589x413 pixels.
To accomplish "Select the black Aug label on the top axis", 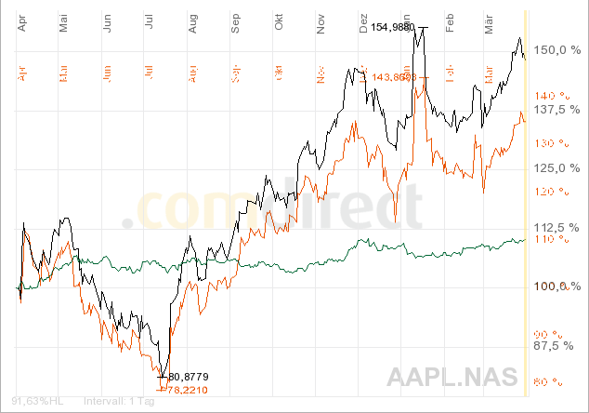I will (193, 23).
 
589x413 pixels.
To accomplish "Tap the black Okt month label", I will (279, 23).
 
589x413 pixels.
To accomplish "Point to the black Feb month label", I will (450, 23).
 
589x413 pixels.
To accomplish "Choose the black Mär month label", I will (490, 23).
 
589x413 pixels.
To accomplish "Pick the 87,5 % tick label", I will (561, 345).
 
